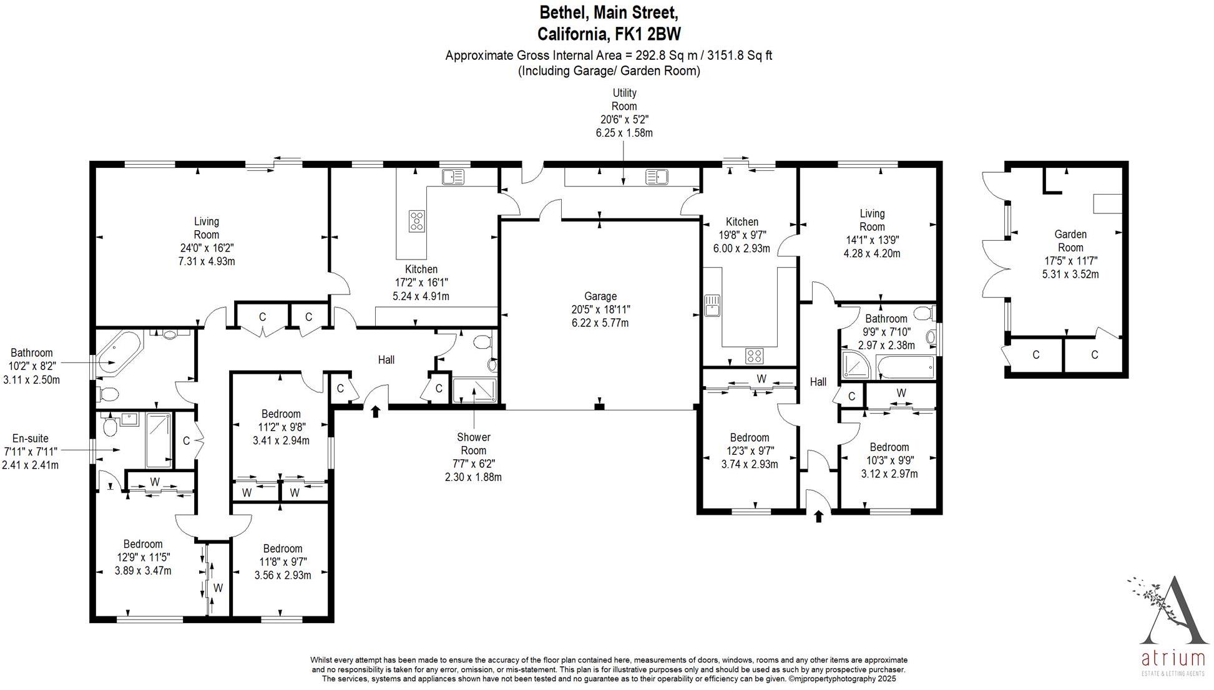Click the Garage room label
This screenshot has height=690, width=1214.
(x=600, y=296)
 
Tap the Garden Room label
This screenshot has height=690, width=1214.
(x=1070, y=241)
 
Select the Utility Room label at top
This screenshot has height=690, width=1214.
(x=624, y=99)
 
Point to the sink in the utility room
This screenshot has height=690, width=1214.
(x=657, y=177)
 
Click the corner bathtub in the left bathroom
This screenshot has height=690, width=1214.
(x=119, y=351)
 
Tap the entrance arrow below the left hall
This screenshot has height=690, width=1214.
(x=375, y=411)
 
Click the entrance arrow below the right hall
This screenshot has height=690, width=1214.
(x=819, y=516)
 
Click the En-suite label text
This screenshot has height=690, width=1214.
(x=30, y=439)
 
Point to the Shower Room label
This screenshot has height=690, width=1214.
(x=473, y=444)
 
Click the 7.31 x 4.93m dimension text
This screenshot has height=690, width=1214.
(x=207, y=261)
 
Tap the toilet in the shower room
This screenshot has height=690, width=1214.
(x=482, y=342)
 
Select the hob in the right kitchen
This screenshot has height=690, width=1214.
(x=754, y=356)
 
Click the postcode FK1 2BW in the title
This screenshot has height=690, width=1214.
(x=649, y=34)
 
